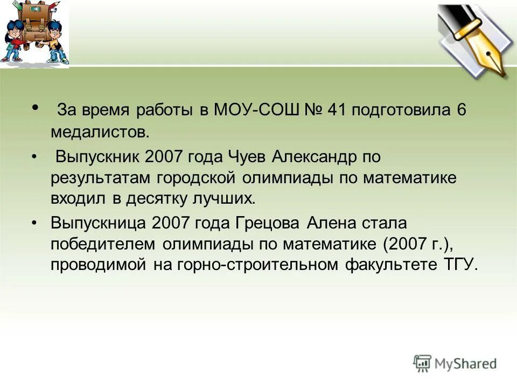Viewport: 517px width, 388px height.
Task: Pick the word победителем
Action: (103, 244)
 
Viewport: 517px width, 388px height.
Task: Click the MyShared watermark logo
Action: (455, 364)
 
